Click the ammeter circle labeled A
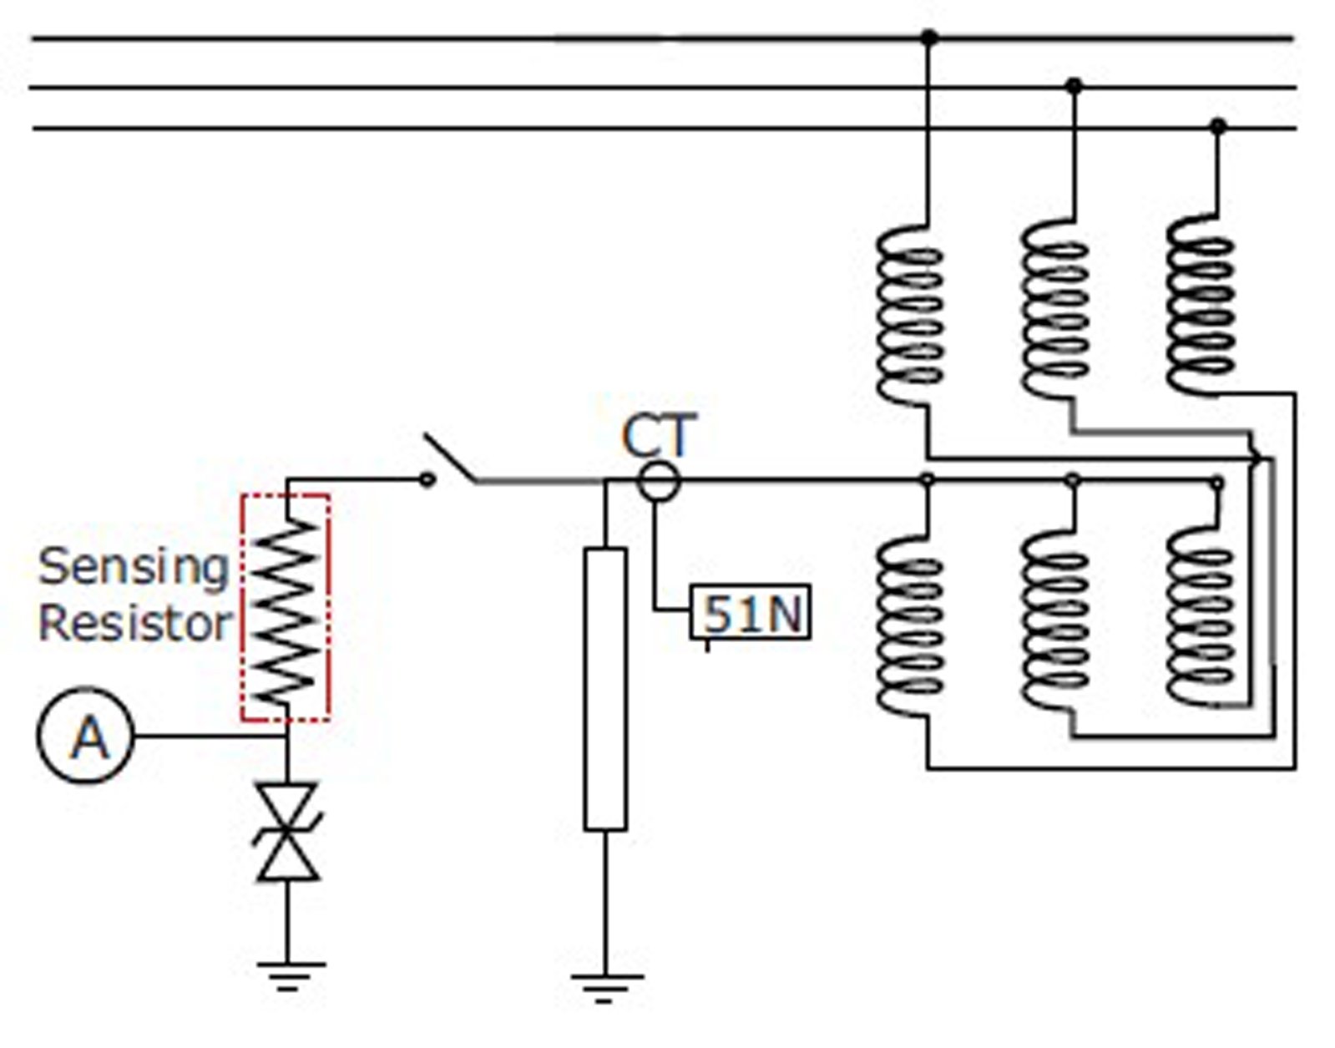click(x=85, y=736)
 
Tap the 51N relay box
click(x=749, y=614)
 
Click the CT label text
click(x=658, y=436)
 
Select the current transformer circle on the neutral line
click(x=659, y=482)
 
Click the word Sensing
click(x=134, y=568)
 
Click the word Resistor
click(x=134, y=624)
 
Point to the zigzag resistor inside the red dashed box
click(x=286, y=610)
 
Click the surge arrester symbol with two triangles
click(x=287, y=832)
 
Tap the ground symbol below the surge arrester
click(x=288, y=975)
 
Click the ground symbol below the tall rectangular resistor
click(x=605, y=985)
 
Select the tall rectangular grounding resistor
click(x=605, y=689)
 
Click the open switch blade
click(x=449, y=458)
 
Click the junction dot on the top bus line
click(x=928, y=37)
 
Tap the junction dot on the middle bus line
click(x=1074, y=85)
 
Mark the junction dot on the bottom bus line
click(x=1217, y=127)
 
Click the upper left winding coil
click(x=910, y=316)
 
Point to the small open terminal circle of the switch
click(x=427, y=479)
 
